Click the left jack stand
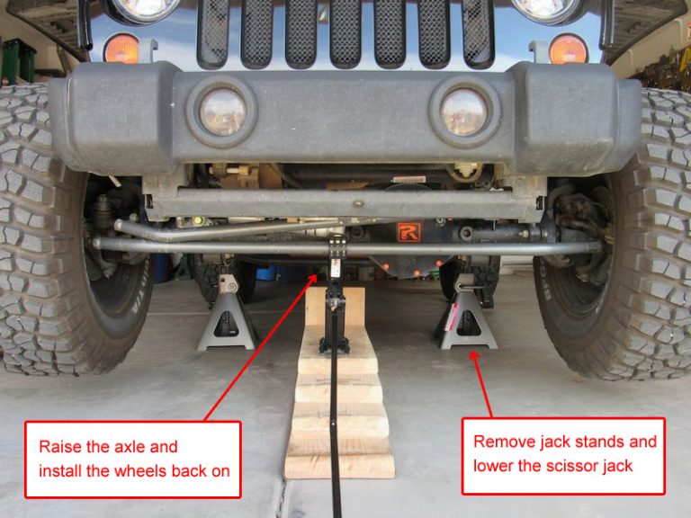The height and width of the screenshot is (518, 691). pyautogui.click(x=227, y=312)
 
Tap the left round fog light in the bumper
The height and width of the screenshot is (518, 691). pyautogui.click(x=222, y=112)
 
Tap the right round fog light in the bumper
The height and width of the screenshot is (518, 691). pyautogui.click(x=463, y=112)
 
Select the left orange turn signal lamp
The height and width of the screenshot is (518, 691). pyautogui.click(x=121, y=49)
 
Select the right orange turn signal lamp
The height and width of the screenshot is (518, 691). pyautogui.click(x=569, y=49)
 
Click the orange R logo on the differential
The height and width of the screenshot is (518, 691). pyautogui.click(x=409, y=232)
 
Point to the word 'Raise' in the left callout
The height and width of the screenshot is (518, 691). pyautogui.click(x=61, y=447)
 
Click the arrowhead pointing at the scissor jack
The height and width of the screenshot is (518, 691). pyautogui.click(x=313, y=280)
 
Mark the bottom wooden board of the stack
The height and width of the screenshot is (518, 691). pyautogui.click(x=339, y=467)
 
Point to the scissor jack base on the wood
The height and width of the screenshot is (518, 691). pyautogui.click(x=334, y=345)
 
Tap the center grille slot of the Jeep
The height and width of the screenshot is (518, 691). pyautogui.click(x=345, y=33)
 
